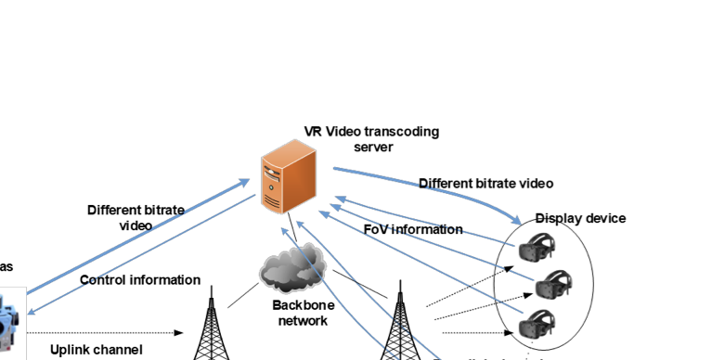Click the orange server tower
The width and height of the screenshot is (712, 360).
(x=289, y=177)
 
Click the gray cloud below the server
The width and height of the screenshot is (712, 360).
(x=291, y=270)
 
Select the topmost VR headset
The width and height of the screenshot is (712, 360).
(x=537, y=248)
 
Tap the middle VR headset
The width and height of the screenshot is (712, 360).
(x=553, y=283)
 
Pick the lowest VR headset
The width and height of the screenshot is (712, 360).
(x=537, y=325)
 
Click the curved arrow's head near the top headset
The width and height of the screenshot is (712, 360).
(x=516, y=221)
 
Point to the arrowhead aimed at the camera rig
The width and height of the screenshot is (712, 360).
(x=31, y=313)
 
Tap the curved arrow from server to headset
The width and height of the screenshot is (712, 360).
(x=427, y=186)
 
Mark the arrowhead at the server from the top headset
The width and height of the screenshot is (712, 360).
(x=338, y=198)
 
